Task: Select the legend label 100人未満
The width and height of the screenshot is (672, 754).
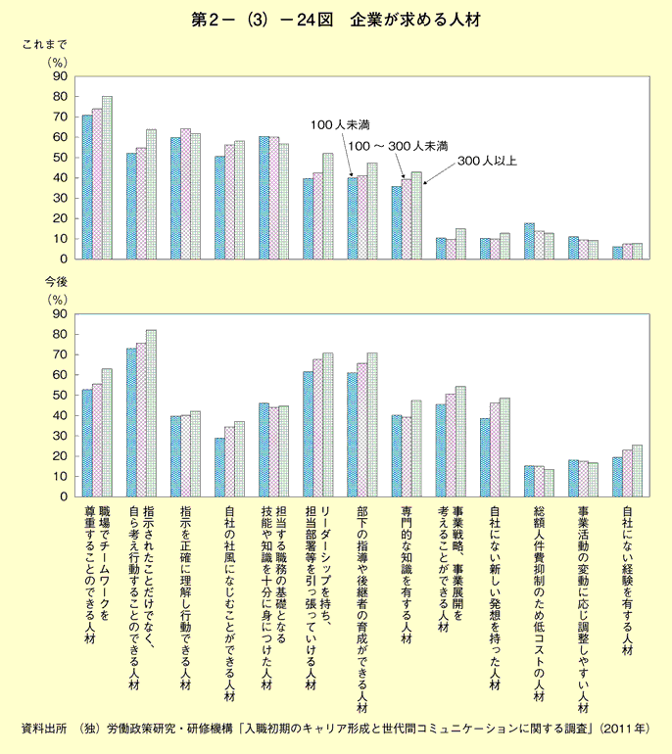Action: [x=341, y=125]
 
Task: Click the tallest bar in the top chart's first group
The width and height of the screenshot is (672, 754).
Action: [x=108, y=177]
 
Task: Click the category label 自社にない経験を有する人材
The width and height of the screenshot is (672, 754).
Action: [x=626, y=579]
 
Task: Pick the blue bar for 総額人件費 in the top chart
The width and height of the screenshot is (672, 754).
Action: [x=529, y=241]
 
